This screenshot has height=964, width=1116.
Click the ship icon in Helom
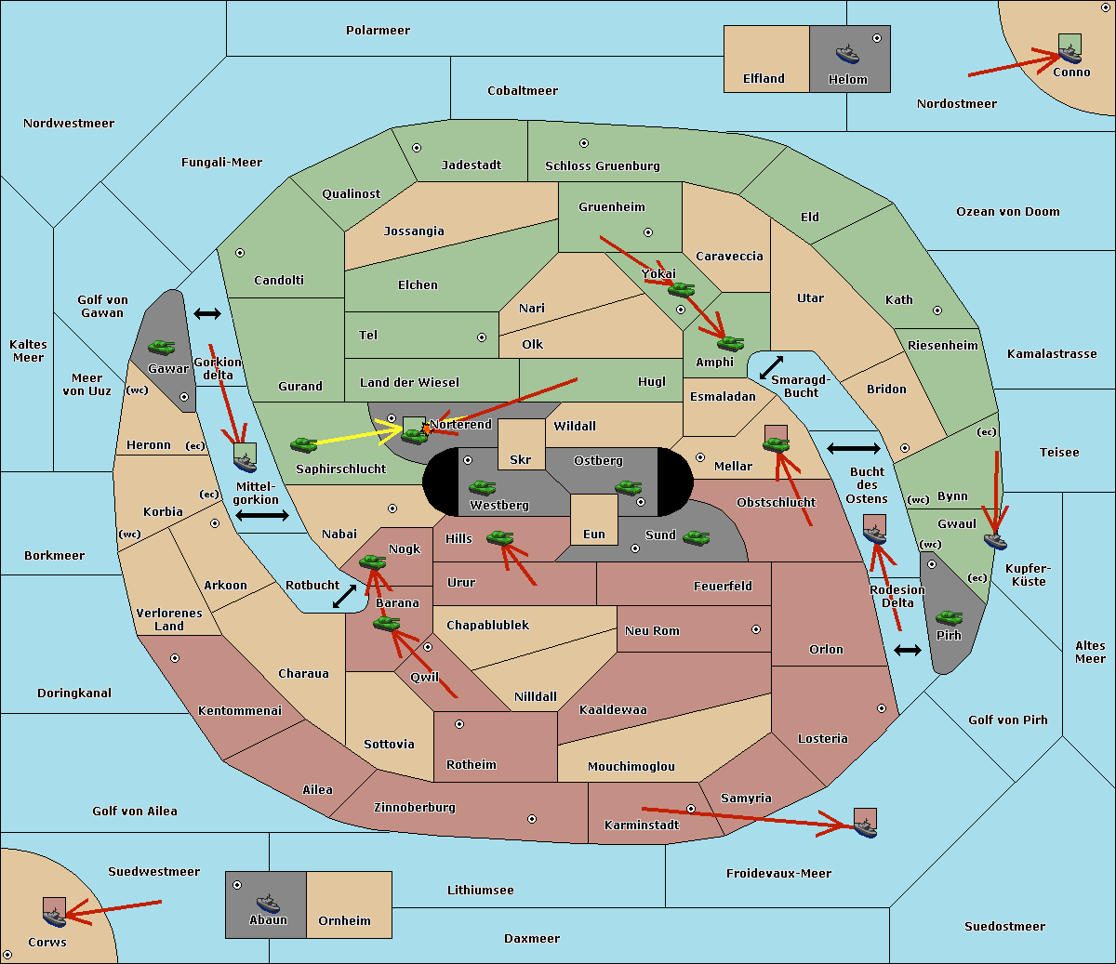pyautogui.click(x=847, y=54)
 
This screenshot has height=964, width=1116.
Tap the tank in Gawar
pyautogui.click(x=162, y=347)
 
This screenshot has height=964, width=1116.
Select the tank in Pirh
pyautogui.click(x=949, y=618)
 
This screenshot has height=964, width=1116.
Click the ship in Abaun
pyautogui.click(x=268, y=903)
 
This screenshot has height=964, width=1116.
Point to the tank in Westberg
pyautogui.click(x=482, y=488)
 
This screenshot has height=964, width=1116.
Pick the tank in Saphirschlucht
pyautogui.click(x=303, y=444)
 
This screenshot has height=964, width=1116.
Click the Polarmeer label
pyautogui.click(x=378, y=31)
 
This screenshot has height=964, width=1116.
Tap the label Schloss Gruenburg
pyautogui.click(x=603, y=165)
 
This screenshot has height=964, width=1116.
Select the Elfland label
pyautogui.click(x=764, y=78)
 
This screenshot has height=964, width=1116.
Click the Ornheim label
pyautogui.click(x=344, y=920)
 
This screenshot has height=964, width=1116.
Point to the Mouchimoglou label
pyautogui.click(x=631, y=766)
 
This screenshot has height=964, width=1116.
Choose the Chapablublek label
pyautogui.click(x=487, y=625)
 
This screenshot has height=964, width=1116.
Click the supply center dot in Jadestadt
pyautogui.click(x=417, y=148)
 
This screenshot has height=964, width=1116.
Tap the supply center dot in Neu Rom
pyautogui.click(x=756, y=629)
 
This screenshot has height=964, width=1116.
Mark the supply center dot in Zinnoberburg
pyautogui.click(x=532, y=819)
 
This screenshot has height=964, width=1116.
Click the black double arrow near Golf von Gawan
pyautogui.click(x=207, y=313)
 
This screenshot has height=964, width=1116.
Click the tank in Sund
pyautogui.click(x=696, y=537)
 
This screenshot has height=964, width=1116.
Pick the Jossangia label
pyautogui.click(x=414, y=231)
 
